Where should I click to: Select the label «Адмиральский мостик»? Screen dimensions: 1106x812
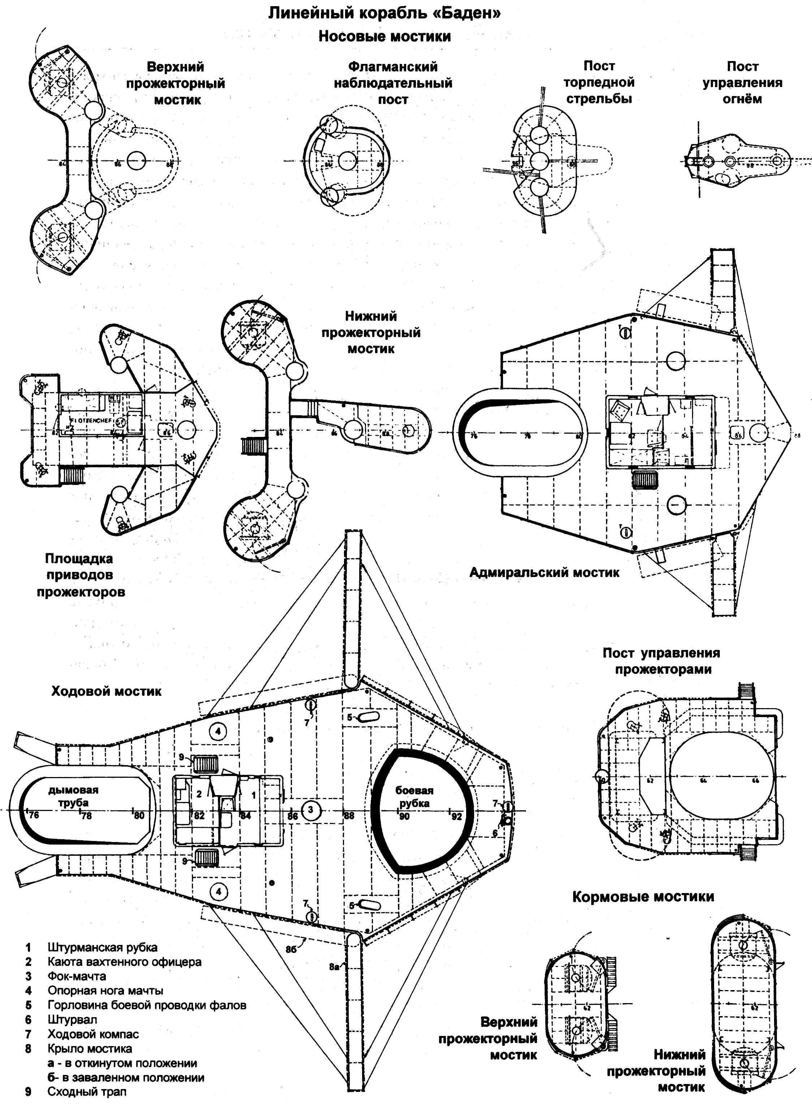544,572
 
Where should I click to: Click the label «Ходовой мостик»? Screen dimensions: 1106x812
106,691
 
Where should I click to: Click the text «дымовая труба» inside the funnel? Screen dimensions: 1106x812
73,796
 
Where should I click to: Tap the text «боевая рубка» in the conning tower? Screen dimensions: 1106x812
414,797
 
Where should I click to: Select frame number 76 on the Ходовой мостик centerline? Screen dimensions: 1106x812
33,816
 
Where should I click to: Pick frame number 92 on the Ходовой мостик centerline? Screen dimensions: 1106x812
457,816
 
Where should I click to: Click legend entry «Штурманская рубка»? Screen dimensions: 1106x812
102,947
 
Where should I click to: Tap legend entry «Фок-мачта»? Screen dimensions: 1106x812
77,976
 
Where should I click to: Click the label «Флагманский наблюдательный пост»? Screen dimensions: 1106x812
393,83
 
